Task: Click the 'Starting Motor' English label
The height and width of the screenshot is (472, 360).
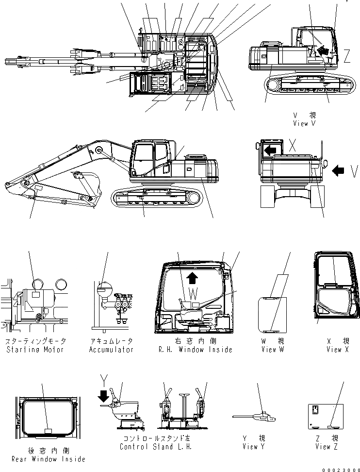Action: (x=35, y=350)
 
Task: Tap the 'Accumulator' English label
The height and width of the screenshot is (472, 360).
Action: (x=111, y=350)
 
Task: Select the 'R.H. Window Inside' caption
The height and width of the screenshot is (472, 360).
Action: (x=196, y=350)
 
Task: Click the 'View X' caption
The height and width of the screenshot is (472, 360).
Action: (x=337, y=350)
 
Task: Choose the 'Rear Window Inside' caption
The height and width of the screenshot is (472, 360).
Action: (x=47, y=459)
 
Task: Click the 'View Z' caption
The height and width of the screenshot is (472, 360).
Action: (x=323, y=447)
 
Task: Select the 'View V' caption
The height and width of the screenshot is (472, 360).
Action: (x=304, y=124)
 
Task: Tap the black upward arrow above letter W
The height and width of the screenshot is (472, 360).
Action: (x=193, y=277)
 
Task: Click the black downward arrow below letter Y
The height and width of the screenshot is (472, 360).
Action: (x=103, y=397)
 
